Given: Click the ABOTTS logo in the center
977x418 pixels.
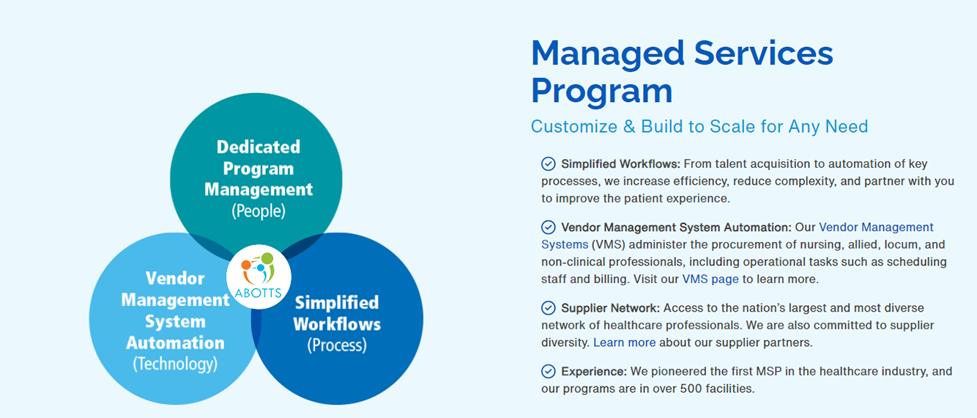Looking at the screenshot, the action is coord(259,276).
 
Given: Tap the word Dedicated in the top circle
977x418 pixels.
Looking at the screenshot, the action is coord(259,147).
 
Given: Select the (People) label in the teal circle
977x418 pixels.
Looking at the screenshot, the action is coord(259,211).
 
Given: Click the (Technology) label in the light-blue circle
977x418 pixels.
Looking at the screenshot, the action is coord(175,364).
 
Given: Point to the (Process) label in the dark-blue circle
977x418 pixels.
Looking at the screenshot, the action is coord(337,345).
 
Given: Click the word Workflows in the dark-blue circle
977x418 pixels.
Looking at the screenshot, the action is coord(337,324).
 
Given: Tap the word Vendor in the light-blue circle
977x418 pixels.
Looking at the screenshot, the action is coord(175,278).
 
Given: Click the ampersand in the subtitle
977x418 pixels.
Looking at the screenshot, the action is coord(629,126).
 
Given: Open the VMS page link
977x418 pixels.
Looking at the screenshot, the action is coord(710,279).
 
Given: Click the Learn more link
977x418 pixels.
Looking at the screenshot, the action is coord(624,342).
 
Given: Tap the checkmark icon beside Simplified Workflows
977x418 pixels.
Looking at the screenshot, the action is coord(549,164).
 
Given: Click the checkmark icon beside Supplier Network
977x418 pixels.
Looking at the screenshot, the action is coord(549,308).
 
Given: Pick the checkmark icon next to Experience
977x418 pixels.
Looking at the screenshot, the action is coord(549,371).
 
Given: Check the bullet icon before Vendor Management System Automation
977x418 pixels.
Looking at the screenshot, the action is coord(549,227).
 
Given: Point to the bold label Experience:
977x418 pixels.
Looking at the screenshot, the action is coord(594,372).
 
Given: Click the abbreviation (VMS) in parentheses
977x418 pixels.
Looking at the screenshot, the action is coord(609,245).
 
